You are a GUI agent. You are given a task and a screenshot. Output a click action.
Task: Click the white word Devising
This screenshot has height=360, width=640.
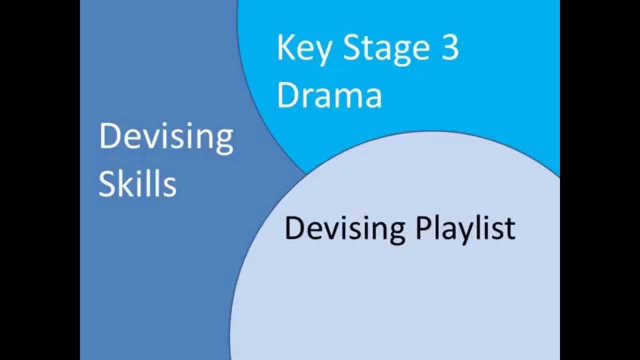coord(166,137)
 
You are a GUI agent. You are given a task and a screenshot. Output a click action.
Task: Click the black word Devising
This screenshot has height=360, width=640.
coord(344,228)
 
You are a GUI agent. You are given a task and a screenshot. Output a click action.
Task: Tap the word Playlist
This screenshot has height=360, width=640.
coord(465,228)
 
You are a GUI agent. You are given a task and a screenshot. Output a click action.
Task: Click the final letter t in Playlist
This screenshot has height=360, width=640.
coord(510,228)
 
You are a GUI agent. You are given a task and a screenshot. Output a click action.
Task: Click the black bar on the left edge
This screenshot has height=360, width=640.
coord(40,180)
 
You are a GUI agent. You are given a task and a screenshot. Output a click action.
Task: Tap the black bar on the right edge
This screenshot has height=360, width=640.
coord(600,180)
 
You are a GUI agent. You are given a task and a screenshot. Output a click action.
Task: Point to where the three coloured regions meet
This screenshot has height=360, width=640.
coord(305,173)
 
